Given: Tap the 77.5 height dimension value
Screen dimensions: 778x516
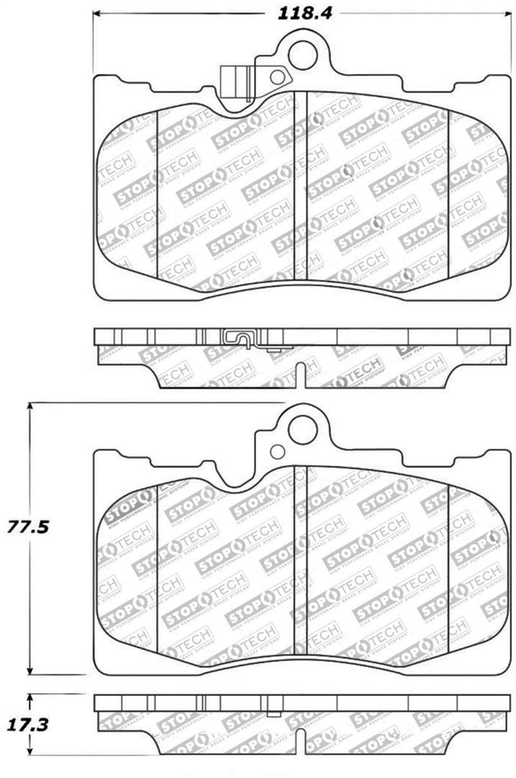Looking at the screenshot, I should point(27,526).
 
